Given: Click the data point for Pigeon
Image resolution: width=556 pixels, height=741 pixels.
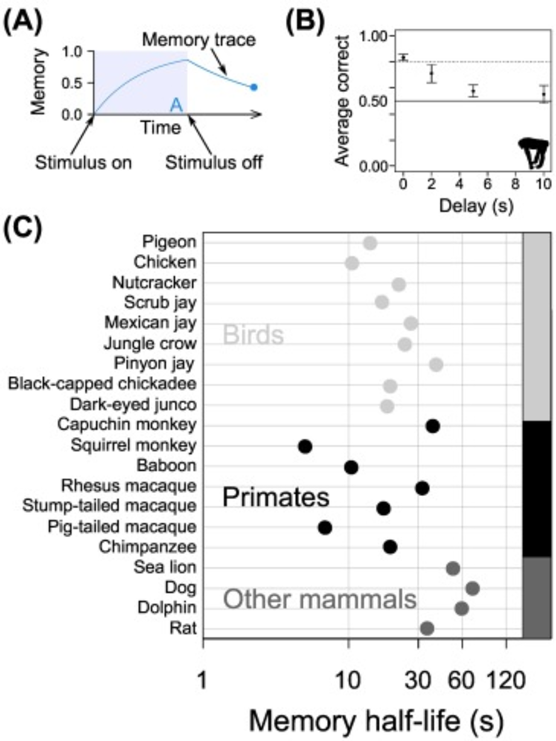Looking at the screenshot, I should [x=370, y=244].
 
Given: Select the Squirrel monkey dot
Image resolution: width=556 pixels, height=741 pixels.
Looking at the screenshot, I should [x=305, y=446].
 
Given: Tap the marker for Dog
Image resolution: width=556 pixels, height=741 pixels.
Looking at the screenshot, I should [x=473, y=589].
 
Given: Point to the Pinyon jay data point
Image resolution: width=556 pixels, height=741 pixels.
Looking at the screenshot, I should [x=436, y=365].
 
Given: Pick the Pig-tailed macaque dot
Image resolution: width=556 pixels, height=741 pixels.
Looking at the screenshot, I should [x=325, y=527].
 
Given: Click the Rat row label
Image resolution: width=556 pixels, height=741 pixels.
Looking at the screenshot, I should [x=183, y=628].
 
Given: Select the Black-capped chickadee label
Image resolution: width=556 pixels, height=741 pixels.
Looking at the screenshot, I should [x=102, y=384].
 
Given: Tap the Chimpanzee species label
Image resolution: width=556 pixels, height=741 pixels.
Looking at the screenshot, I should [x=147, y=547].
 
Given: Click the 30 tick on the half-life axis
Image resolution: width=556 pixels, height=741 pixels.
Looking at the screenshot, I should [x=417, y=680].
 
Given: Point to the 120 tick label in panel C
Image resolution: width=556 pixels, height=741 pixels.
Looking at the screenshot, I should [x=506, y=680].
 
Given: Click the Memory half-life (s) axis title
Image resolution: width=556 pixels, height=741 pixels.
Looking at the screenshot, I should [x=376, y=721].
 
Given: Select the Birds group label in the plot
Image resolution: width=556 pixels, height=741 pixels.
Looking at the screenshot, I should [x=253, y=335].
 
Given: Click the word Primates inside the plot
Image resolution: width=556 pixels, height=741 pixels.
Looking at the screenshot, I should [x=276, y=497].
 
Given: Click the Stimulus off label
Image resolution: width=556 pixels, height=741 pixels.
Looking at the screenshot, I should [x=214, y=163].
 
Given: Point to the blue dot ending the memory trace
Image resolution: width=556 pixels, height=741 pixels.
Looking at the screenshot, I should [x=254, y=87].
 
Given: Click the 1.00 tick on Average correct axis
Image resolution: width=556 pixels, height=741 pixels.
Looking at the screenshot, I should [x=373, y=37].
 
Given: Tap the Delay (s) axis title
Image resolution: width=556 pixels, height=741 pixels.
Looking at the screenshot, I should [x=476, y=206].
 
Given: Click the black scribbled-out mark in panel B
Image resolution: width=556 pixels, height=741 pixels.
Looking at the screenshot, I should [x=534, y=153].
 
